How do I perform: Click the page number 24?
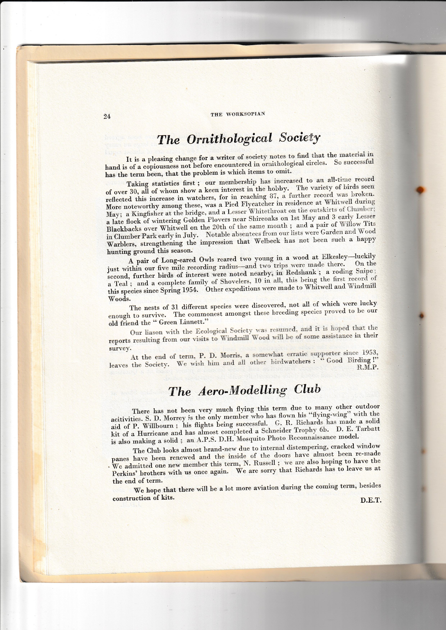pos(107,116)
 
